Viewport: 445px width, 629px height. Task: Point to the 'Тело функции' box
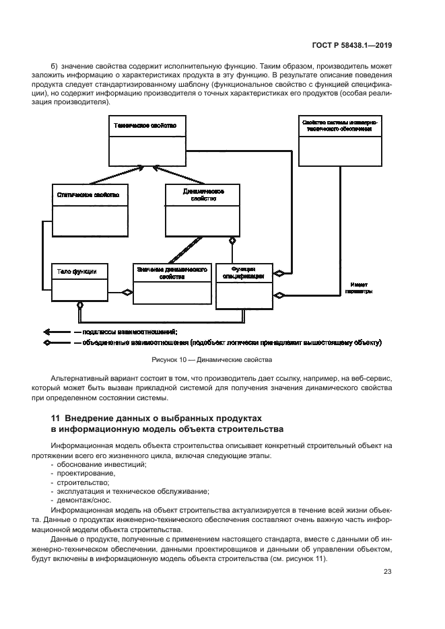click(79, 281)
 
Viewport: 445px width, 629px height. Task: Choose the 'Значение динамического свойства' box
click(172, 281)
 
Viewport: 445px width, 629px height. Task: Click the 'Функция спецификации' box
click(243, 285)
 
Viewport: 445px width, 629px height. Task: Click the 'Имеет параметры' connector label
click(357, 289)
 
